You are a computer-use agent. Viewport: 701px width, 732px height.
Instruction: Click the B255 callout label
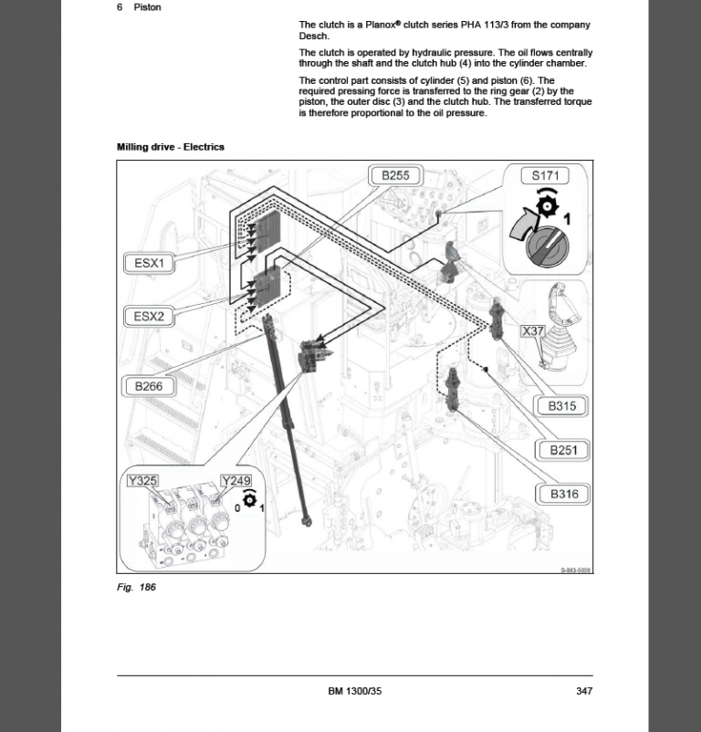coord(395,176)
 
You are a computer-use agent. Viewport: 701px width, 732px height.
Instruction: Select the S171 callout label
coord(545,176)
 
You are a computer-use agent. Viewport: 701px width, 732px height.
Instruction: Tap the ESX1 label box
coord(149,264)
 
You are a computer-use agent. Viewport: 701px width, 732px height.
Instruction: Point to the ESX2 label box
coord(149,317)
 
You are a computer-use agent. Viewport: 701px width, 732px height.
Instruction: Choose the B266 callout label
coord(149,386)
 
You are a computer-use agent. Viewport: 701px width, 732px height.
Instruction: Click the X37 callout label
coord(532,331)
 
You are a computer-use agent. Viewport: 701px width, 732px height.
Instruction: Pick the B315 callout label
coord(563,405)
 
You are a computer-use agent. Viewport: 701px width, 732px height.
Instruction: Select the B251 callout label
coord(563,450)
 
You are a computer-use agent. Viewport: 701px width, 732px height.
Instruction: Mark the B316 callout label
coord(563,494)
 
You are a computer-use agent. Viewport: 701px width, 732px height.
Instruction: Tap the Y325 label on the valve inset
coord(142,480)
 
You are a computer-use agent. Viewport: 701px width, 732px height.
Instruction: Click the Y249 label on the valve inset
coord(235,480)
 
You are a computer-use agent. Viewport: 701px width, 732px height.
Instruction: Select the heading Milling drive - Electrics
coord(171,147)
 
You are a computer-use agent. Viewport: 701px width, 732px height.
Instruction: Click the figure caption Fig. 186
coord(136,587)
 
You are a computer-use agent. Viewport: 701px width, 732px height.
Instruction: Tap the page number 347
coord(584,691)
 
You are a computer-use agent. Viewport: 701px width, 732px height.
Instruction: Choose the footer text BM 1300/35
coord(354,691)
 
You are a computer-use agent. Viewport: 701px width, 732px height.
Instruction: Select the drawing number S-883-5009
coord(575,570)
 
